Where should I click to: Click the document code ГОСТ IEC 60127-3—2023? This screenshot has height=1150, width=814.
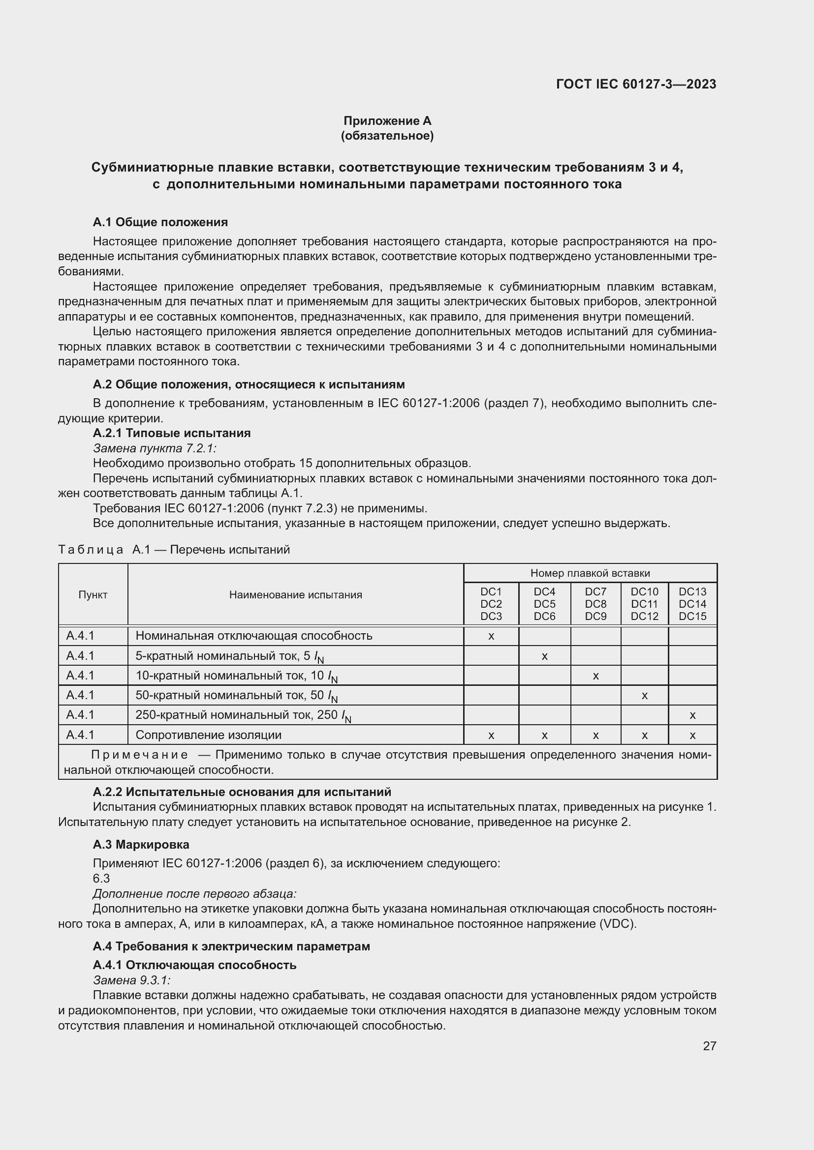[635, 84]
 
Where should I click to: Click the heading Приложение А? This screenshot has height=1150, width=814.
[387, 121]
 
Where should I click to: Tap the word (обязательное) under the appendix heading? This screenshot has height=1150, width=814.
[387, 136]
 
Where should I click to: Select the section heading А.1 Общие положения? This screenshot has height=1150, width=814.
[160, 222]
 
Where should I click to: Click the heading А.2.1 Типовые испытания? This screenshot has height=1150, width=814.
[171, 433]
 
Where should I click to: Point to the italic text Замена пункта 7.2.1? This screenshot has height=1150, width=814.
[155, 448]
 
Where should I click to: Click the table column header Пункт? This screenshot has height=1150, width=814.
[93, 594]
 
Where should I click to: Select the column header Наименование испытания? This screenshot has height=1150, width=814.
[295, 594]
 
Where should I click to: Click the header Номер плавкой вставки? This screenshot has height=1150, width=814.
[590, 573]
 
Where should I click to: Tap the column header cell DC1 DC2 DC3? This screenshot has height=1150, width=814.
[491, 604]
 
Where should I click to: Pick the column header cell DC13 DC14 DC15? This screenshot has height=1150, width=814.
[692, 604]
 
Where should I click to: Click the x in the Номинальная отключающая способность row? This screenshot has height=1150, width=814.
[491, 636]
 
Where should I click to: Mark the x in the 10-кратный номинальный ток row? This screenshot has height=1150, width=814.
[595, 676]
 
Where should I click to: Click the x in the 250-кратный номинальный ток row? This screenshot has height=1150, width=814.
[692, 715]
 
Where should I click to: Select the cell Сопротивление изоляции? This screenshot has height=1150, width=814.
[208, 735]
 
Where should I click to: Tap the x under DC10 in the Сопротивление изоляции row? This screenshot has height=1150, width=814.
[645, 735]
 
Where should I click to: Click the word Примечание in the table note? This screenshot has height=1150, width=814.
[140, 755]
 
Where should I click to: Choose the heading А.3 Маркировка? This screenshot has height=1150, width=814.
[141, 845]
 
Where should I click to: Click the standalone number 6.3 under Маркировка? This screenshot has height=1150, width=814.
[101, 879]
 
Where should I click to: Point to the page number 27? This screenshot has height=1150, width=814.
[709, 1046]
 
